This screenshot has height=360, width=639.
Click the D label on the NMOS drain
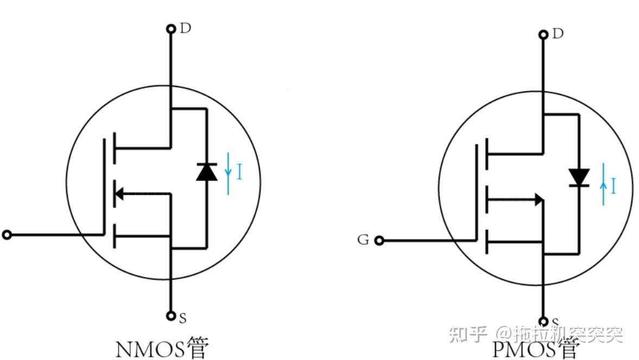(x=186, y=28)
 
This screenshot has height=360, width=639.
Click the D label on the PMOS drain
(x=558, y=34)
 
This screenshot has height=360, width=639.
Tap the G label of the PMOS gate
(x=363, y=239)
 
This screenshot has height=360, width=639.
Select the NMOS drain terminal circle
(x=171, y=28)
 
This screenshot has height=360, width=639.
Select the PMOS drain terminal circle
(x=543, y=35)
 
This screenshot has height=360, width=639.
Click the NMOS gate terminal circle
(x=7, y=235)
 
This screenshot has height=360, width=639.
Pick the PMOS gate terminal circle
(x=379, y=240)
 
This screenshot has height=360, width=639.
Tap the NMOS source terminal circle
(x=171, y=315)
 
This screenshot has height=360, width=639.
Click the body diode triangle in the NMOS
(x=207, y=172)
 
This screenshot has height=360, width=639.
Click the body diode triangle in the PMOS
(x=579, y=176)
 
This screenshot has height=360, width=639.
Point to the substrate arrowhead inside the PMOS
(x=538, y=199)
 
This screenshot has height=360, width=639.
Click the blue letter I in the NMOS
(x=239, y=173)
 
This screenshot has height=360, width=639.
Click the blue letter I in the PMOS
(x=613, y=187)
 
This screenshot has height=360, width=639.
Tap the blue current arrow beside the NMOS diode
(x=229, y=173)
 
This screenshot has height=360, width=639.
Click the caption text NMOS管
(x=161, y=348)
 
